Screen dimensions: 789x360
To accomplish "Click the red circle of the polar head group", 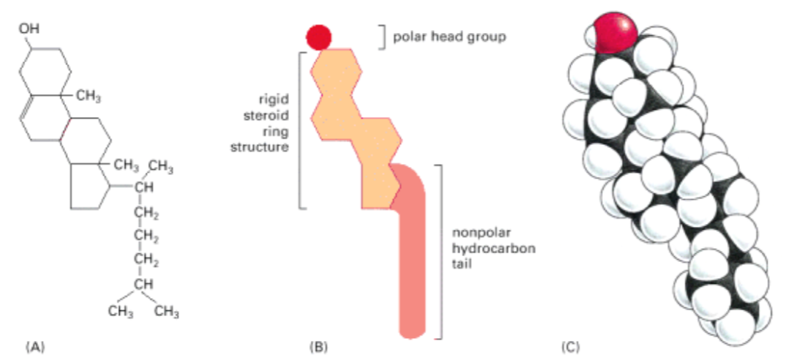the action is click(x=319, y=35).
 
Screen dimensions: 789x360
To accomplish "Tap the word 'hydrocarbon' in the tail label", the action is click(x=494, y=249).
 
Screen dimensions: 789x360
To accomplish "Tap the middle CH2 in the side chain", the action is click(x=146, y=236).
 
